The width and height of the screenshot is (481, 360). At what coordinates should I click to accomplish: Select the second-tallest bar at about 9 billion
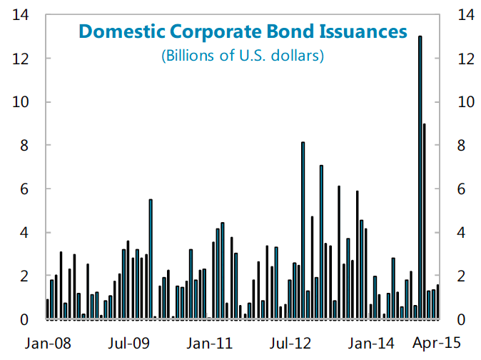425,221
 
